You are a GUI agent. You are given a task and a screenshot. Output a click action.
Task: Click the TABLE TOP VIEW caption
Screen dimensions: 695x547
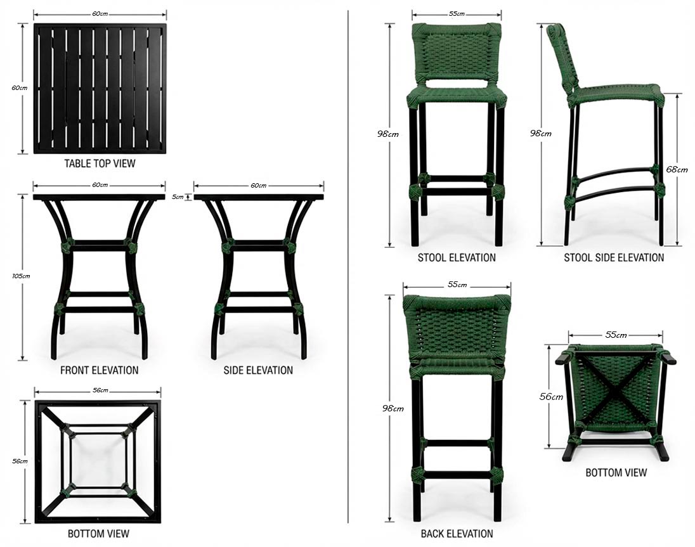(x=100, y=164)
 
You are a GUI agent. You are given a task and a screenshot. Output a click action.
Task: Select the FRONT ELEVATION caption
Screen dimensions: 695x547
(x=100, y=370)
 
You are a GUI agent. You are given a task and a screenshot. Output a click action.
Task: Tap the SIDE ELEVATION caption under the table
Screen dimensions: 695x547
(x=258, y=370)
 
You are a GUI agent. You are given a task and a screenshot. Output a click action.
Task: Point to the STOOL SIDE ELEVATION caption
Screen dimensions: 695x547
(x=614, y=258)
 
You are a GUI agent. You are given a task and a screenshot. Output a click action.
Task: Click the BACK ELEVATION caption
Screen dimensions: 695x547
(x=457, y=534)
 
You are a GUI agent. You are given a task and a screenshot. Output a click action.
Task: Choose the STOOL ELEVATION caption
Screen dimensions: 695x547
(x=457, y=258)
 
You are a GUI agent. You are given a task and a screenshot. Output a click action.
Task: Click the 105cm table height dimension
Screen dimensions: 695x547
(x=21, y=276)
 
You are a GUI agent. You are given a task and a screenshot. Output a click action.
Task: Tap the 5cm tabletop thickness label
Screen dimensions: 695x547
(x=178, y=197)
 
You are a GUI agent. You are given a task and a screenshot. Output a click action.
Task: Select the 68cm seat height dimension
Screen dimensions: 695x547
(x=677, y=169)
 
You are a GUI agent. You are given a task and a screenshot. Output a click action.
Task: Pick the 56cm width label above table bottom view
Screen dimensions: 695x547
(x=100, y=390)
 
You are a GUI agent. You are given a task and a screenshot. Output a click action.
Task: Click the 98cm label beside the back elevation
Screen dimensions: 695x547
(x=393, y=408)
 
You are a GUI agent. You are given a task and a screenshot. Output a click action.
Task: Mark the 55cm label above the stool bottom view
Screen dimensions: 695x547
(x=616, y=335)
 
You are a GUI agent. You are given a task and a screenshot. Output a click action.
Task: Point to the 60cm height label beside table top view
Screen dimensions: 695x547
(x=20, y=87)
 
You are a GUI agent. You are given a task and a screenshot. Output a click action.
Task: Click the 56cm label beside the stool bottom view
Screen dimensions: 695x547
(x=551, y=397)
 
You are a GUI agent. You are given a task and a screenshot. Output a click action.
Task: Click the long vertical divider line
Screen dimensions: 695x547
(x=348, y=266)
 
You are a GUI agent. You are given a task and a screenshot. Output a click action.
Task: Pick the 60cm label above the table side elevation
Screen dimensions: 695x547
(x=259, y=186)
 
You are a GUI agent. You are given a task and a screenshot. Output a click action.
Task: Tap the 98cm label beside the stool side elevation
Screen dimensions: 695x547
(x=541, y=133)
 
